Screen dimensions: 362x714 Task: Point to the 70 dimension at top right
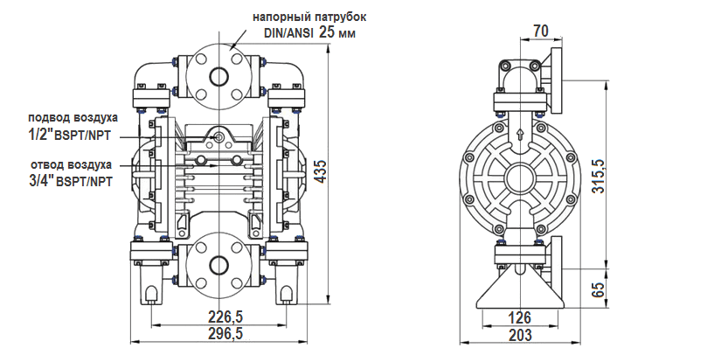coord(540,31)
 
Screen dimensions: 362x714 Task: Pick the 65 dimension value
coord(598,289)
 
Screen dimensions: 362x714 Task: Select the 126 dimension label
coord(520,317)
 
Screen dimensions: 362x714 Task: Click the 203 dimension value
coord(520,335)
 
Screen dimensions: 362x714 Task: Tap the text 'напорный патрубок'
coord(304,17)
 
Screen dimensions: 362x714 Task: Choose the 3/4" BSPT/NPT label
coord(71,181)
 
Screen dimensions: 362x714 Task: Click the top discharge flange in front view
coord(215,72)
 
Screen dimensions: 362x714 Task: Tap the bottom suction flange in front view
coord(215,265)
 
